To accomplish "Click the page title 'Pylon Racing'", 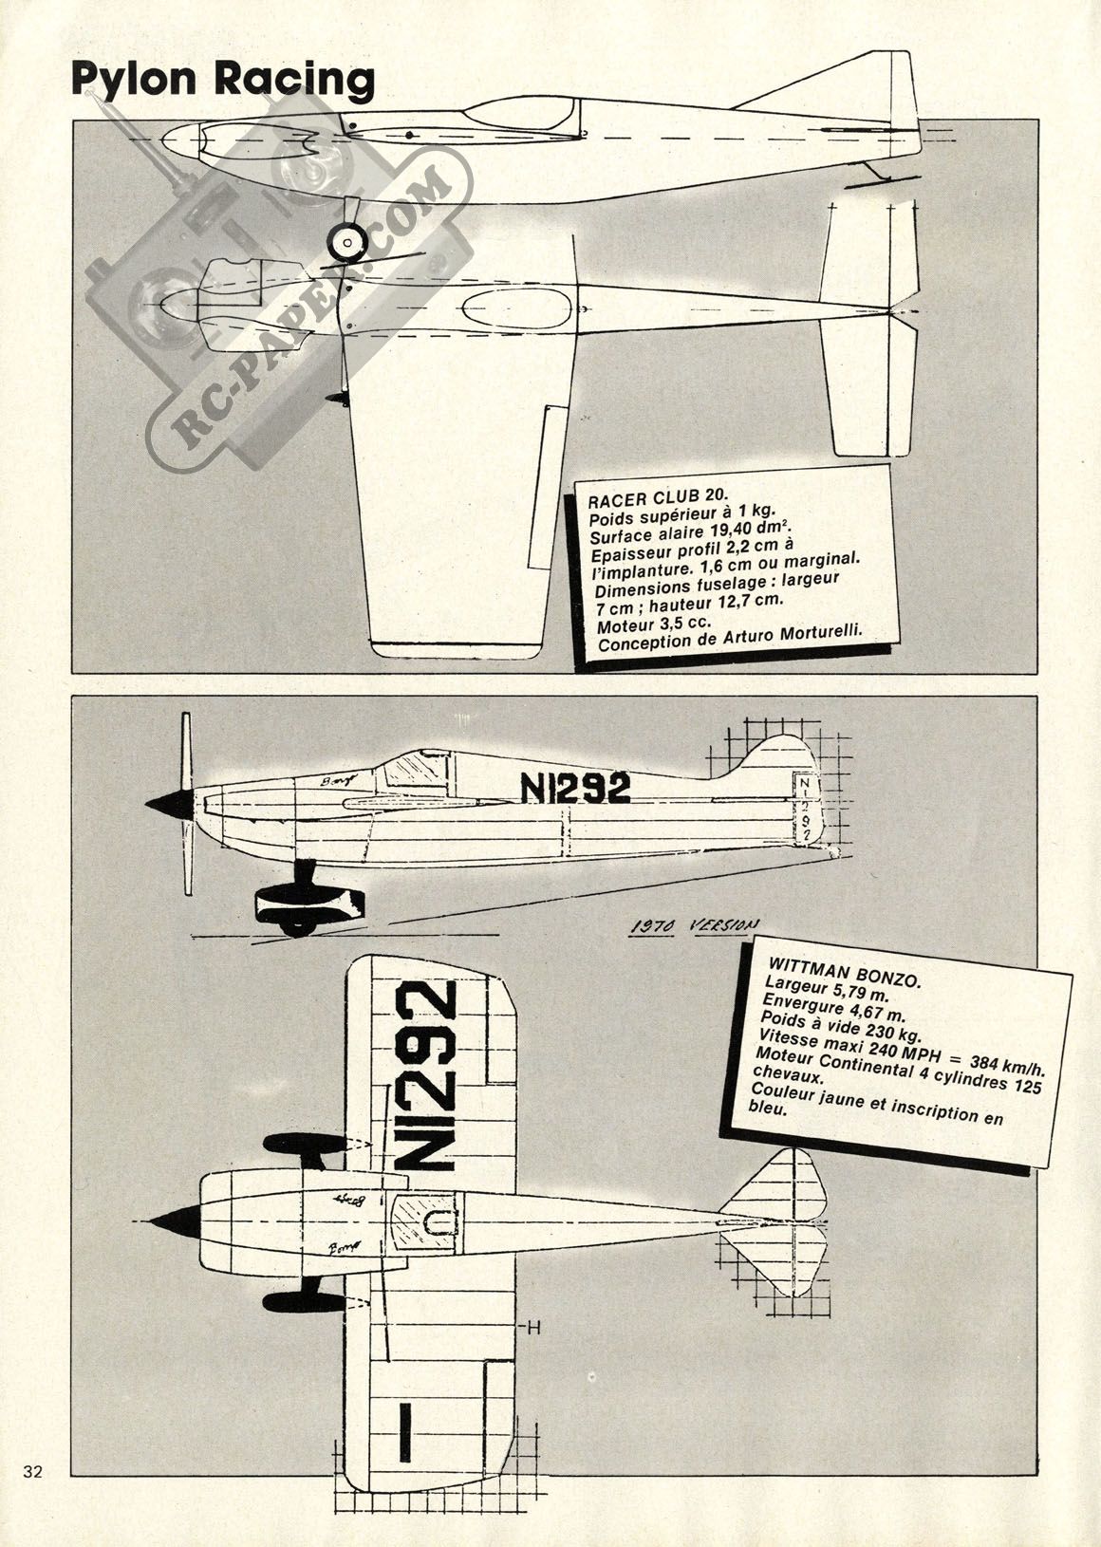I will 223,80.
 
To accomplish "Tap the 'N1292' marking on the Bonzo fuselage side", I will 575,787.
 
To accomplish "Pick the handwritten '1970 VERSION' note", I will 698,925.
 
